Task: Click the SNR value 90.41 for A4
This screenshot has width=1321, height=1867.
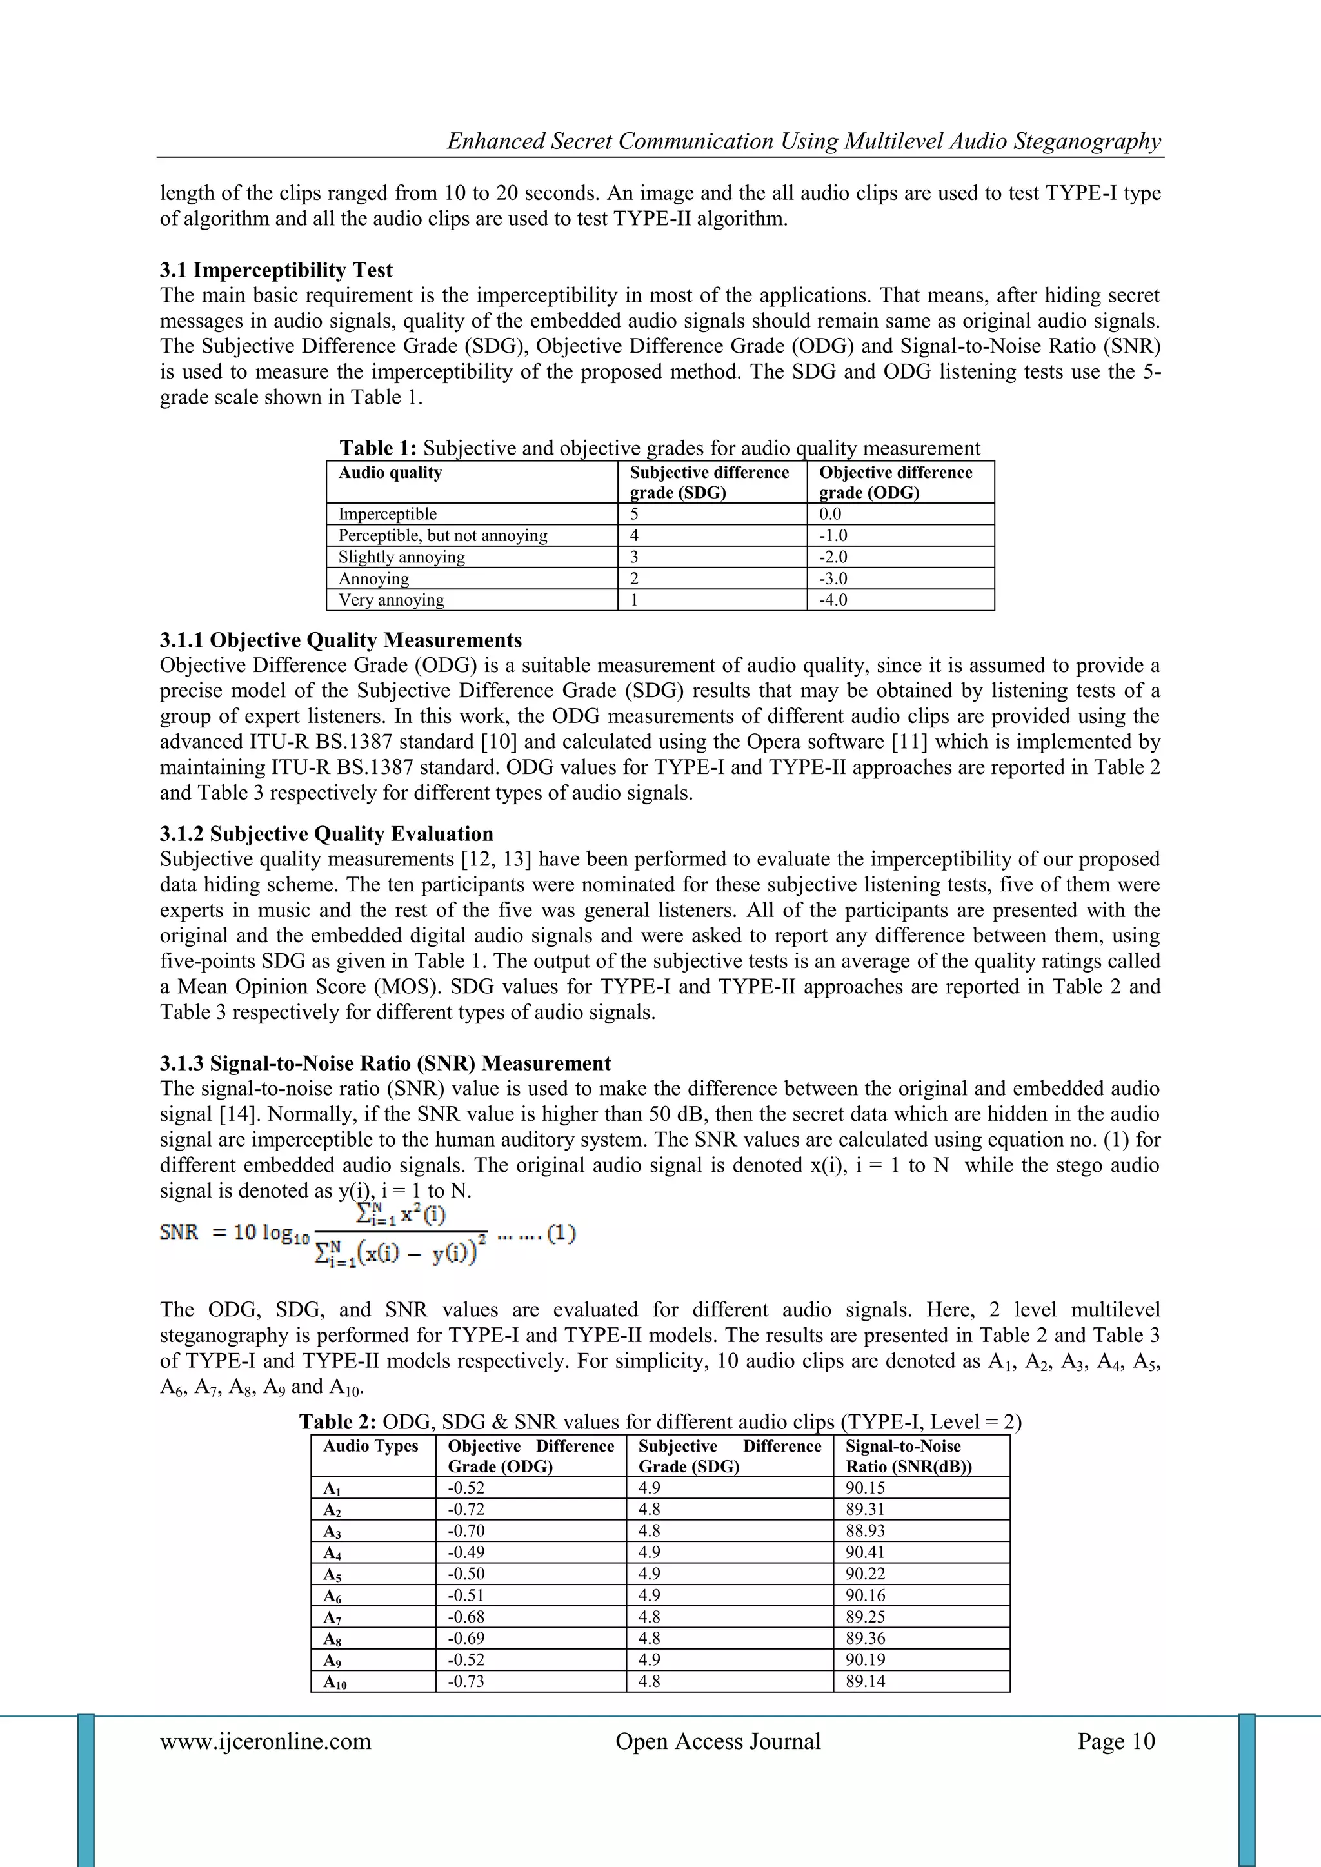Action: pos(865,1552)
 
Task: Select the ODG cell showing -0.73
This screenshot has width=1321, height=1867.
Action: pos(466,1681)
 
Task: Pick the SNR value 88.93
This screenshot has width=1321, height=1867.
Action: pos(865,1530)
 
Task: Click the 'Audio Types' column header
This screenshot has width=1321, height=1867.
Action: pos(371,1446)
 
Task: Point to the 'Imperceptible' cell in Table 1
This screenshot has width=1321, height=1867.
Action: pos(387,514)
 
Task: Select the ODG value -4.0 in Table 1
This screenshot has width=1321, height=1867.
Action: pos(833,600)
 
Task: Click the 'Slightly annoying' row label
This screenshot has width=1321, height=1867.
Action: pos(402,557)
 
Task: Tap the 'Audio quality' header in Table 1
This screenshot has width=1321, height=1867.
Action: pos(390,473)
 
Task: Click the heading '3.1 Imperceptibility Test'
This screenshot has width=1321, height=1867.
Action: pos(276,270)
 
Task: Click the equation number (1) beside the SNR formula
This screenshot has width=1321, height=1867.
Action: pos(561,1234)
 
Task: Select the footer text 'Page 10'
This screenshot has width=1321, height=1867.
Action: pos(1115,1741)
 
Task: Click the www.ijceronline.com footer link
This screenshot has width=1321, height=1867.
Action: pos(265,1741)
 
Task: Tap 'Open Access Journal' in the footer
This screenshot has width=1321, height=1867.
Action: pos(717,1741)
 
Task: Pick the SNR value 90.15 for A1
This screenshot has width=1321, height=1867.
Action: pos(865,1487)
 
